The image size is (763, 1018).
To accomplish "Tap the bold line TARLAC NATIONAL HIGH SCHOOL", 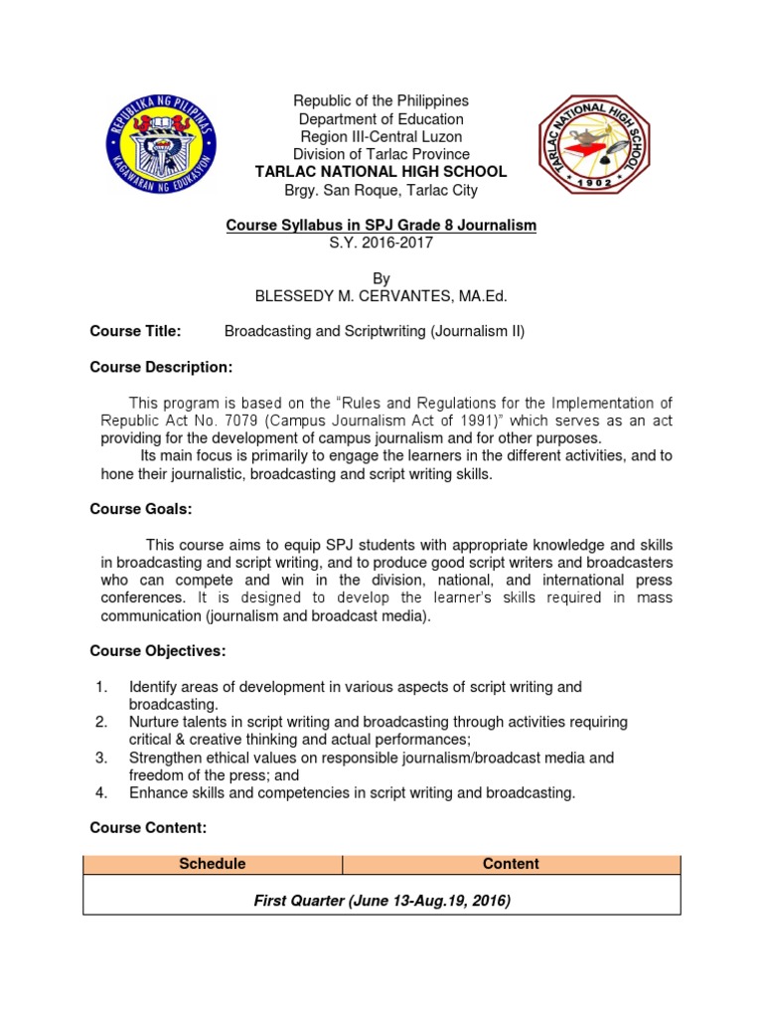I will pyautogui.click(x=381, y=172).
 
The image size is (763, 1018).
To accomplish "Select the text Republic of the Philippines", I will pyautogui.click(x=381, y=101).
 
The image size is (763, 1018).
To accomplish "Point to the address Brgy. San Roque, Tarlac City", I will pyautogui.click(x=381, y=190).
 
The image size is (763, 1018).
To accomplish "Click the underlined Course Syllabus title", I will pyautogui.click(x=381, y=226).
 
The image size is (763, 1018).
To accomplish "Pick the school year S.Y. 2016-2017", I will pyautogui.click(x=381, y=244).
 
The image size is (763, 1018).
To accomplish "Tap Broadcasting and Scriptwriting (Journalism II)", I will pyautogui.click(x=375, y=331).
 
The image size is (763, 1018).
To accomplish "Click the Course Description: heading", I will pyautogui.click(x=161, y=368).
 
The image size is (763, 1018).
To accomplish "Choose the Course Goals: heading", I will pyautogui.click(x=140, y=510).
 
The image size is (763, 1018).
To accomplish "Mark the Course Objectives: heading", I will pyautogui.click(x=157, y=651).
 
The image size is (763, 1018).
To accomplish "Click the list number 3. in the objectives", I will pyautogui.click(x=100, y=758).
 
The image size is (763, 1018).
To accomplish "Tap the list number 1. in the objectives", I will pyautogui.click(x=100, y=687).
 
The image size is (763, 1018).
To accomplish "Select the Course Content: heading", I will pyautogui.click(x=148, y=827).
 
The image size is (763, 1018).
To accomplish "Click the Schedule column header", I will pyautogui.click(x=213, y=864).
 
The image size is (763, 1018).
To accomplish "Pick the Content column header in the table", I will pyautogui.click(x=511, y=864).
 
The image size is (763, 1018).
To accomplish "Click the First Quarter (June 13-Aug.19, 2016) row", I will pyautogui.click(x=381, y=901).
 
